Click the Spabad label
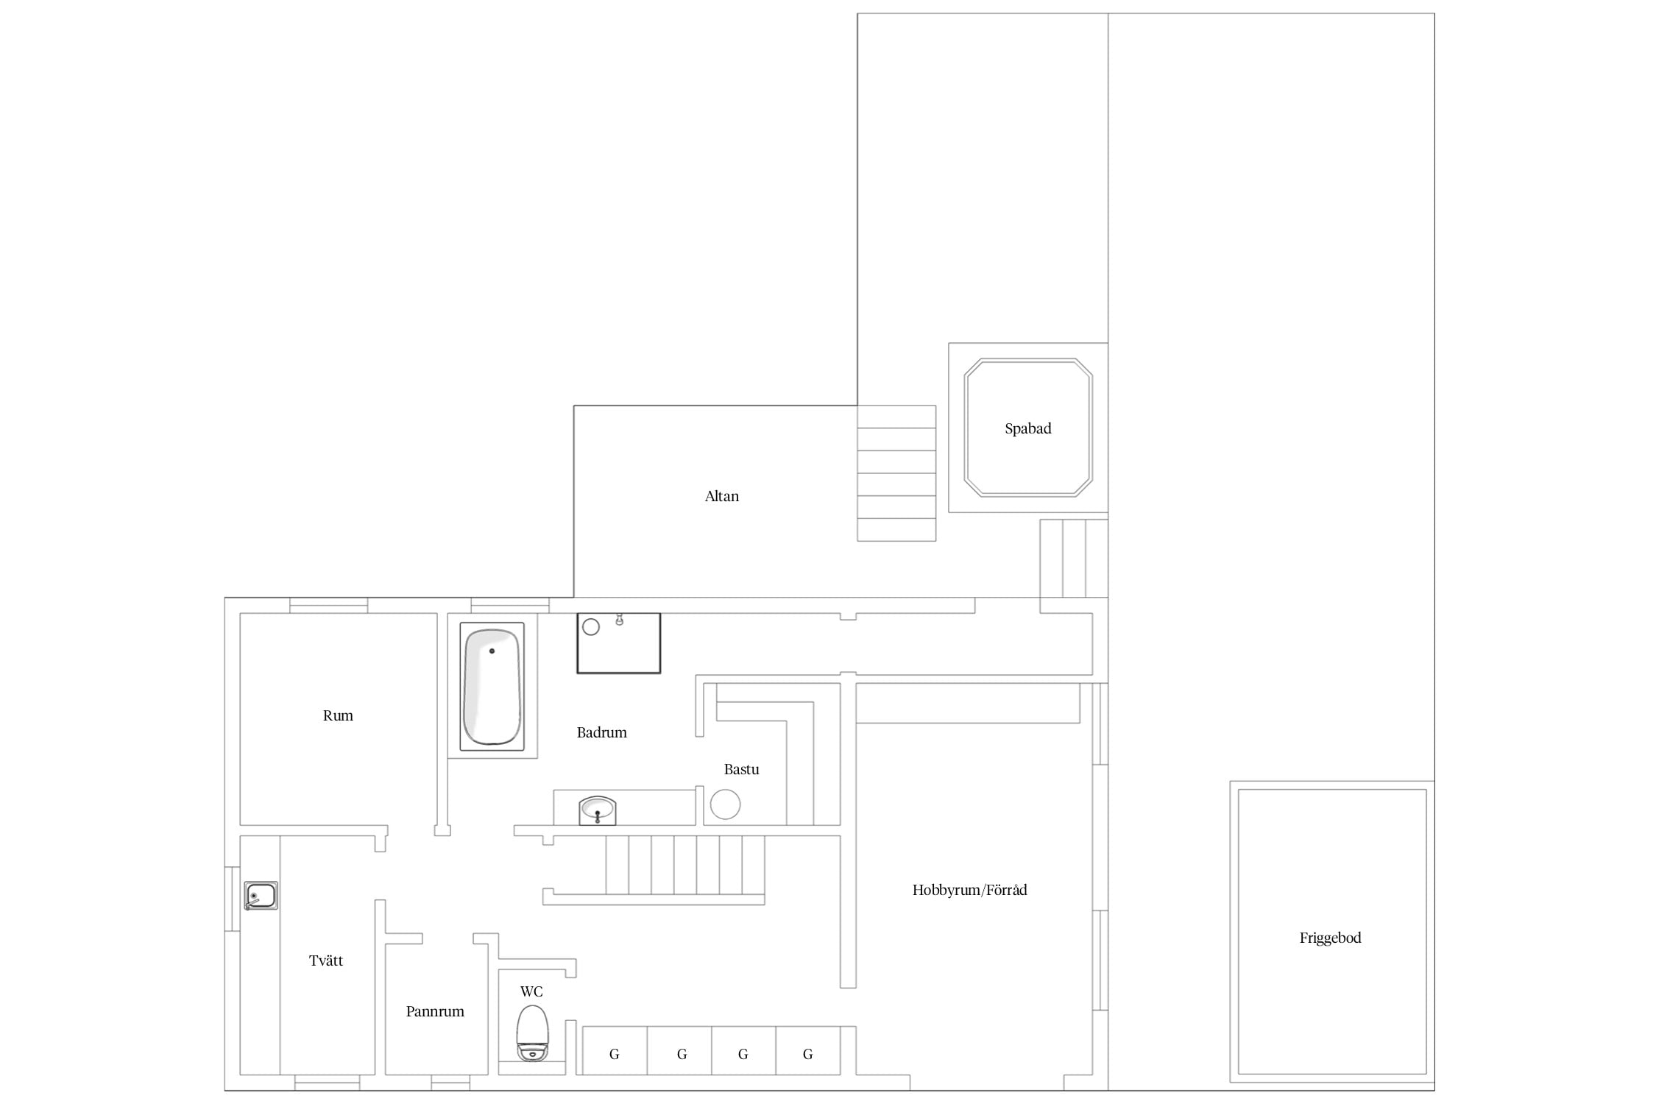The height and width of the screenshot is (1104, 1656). tap(1027, 428)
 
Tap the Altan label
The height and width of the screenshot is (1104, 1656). tap(721, 496)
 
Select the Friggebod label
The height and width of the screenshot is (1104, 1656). tap(1330, 938)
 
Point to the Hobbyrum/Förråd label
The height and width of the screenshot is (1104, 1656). tap(969, 890)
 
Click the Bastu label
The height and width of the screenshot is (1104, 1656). tap(741, 769)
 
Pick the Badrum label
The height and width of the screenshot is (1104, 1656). tap(601, 732)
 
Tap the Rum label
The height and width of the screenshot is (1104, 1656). tap(338, 715)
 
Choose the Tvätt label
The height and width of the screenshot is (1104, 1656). tap(325, 960)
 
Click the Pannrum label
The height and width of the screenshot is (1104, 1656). tap(435, 1011)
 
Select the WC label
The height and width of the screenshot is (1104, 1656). tap(531, 991)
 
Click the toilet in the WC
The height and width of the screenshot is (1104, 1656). tap(532, 1033)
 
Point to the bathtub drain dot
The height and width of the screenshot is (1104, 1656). tap(492, 651)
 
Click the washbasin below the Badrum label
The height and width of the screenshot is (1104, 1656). tap(597, 810)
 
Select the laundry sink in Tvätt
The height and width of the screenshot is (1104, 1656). tap(261, 896)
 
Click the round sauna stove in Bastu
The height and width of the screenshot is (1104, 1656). tap(725, 804)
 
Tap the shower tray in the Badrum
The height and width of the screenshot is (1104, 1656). tap(618, 643)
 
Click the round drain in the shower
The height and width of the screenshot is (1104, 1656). tap(591, 627)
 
